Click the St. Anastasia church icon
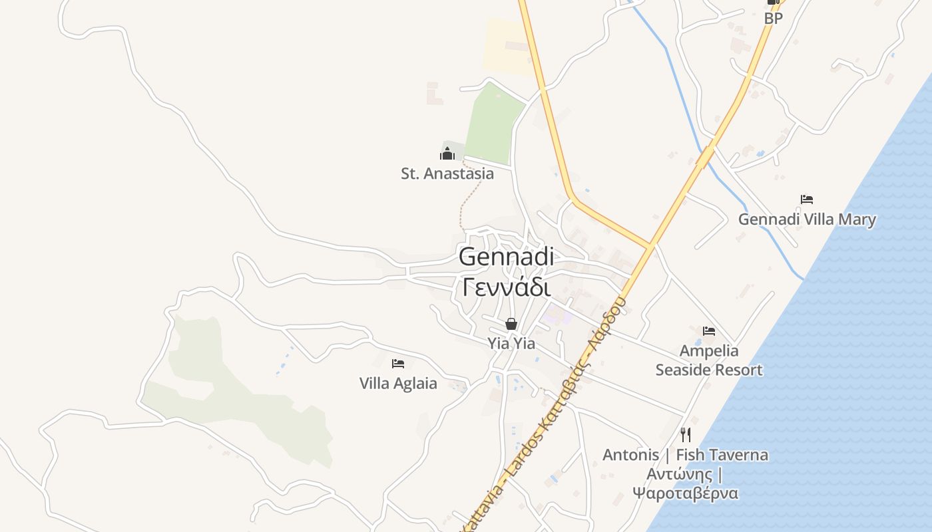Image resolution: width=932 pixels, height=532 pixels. click(x=447, y=154)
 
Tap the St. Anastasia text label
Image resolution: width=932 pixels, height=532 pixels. click(x=447, y=174)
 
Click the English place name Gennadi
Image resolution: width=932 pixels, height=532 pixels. click(x=506, y=257)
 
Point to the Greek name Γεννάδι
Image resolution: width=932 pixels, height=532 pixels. click(x=506, y=287)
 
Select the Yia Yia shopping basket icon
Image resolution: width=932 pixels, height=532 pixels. click(x=511, y=324)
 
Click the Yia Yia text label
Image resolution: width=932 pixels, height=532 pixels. click(x=511, y=343)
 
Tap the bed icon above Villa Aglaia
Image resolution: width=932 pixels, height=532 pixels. click(x=398, y=363)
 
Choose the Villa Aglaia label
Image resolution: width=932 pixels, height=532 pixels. click(x=398, y=383)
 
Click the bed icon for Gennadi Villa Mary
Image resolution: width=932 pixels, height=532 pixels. click(x=807, y=199)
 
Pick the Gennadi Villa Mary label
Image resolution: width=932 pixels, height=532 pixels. click(x=807, y=219)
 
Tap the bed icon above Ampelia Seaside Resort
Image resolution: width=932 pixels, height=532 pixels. click(x=709, y=331)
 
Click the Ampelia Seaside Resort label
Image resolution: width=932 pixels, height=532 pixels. click(x=709, y=360)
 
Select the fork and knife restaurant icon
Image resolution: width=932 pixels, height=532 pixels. click(x=686, y=434)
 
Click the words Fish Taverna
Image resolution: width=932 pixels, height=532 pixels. click(x=722, y=455)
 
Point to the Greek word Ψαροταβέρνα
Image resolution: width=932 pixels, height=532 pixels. click(x=685, y=493)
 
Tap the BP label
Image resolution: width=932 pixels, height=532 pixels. click(x=774, y=19)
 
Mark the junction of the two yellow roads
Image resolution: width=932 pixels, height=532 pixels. click(x=650, y=246)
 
